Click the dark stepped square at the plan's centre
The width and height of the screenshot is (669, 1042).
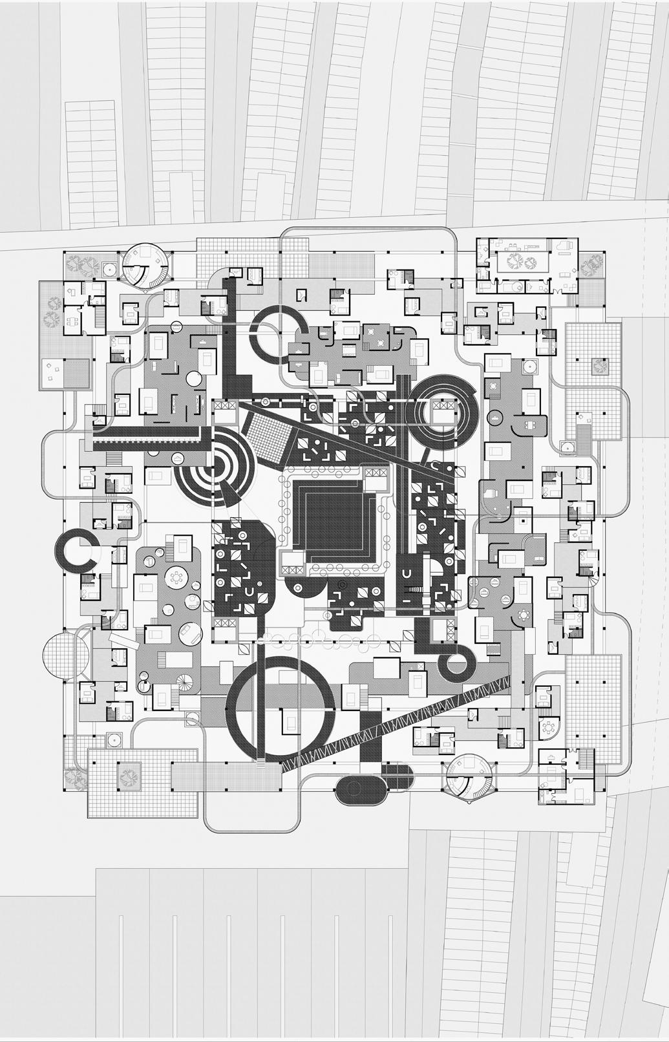click(334, 520)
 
